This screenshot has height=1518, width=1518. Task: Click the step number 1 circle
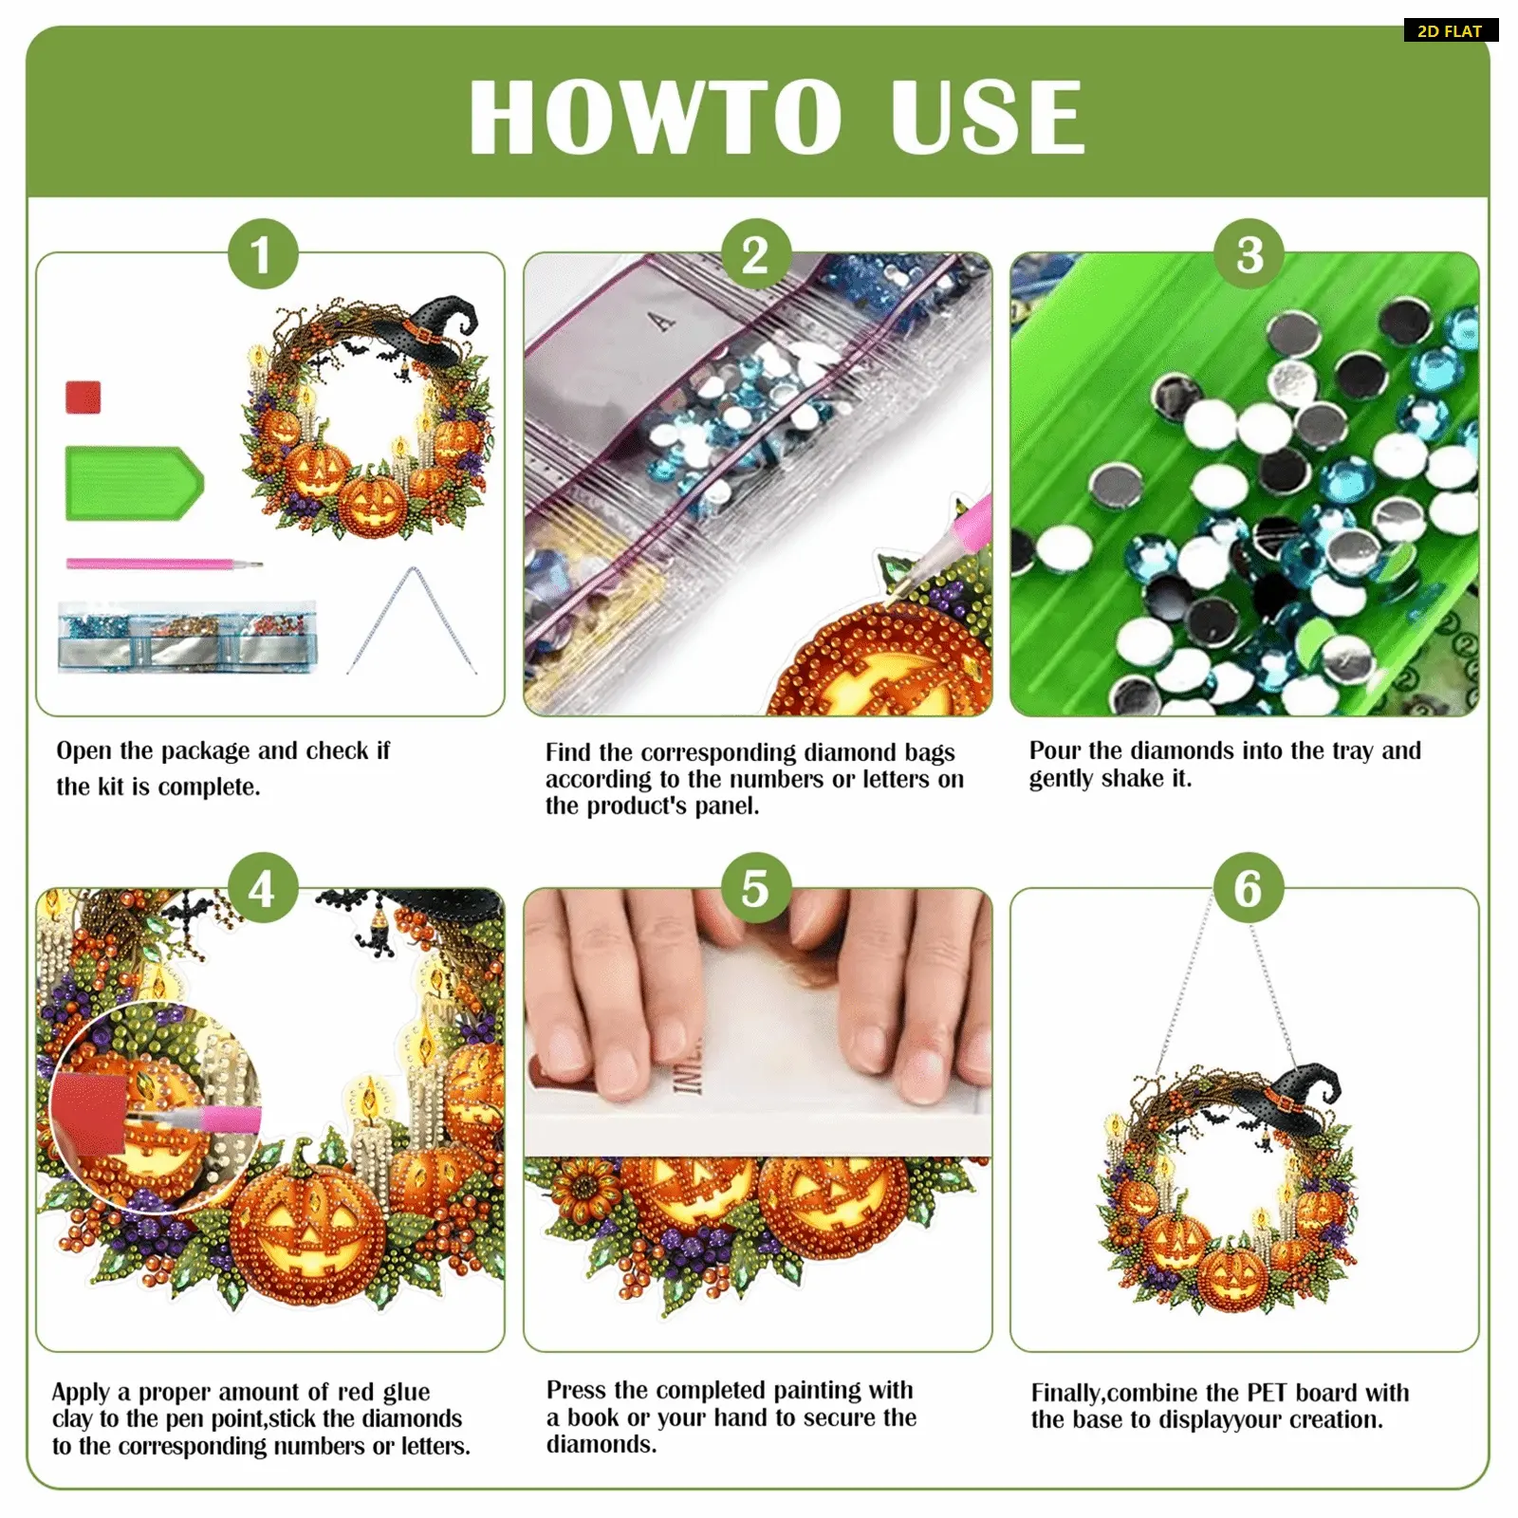coord(262,254)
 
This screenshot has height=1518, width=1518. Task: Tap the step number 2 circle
coord(755,254)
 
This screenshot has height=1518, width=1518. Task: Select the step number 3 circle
coord(1250,254)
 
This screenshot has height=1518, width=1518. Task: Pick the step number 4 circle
coord(262,889)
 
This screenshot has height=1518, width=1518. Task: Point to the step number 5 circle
coord(755,889)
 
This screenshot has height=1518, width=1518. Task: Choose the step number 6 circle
coord(1249,889)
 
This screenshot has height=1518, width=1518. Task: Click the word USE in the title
coord(988,117)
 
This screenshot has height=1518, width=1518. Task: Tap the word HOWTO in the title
coord(655,117)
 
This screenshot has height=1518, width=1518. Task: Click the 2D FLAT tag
coord(1451,30)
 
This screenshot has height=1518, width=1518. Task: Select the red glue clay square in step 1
coord(83,397)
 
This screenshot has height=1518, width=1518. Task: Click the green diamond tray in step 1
coord(134,483)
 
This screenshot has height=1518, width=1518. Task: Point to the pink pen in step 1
coord(163,565)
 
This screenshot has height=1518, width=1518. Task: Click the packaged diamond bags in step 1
coord(187,636)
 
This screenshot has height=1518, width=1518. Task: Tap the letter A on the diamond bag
coord(662,322)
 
